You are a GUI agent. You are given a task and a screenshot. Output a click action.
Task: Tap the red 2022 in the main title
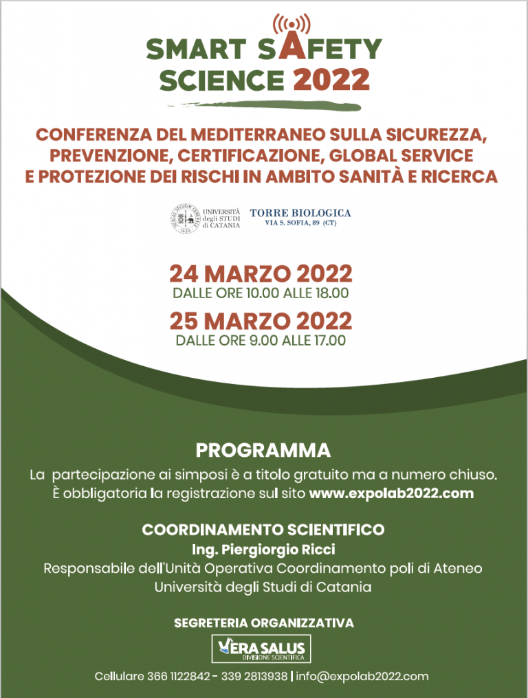pos(331,80)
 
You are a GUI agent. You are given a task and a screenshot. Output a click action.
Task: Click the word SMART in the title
pos(195,49)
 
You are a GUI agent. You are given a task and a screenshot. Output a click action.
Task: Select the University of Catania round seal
pos(185,218)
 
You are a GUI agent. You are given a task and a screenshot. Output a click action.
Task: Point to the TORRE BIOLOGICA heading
pos(300,213)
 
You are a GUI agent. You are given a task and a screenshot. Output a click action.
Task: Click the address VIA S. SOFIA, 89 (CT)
pos(300,223)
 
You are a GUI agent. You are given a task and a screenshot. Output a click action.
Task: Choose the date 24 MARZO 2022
pos(261,273)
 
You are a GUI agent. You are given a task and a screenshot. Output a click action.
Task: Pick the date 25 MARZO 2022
pos(261,321)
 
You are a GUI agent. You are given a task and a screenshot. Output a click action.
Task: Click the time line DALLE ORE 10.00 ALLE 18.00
pos(261,293)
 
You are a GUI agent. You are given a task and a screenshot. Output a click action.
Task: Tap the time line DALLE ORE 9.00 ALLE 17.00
pos(261,340)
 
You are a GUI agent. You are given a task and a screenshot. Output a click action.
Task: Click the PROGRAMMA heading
pos(263,451)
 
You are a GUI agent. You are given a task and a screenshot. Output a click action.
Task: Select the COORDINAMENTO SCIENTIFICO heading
pos(263,530)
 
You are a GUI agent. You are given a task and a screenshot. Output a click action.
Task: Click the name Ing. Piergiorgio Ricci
pos(263,550)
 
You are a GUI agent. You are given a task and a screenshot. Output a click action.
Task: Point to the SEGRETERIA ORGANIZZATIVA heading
pos(264,623)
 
